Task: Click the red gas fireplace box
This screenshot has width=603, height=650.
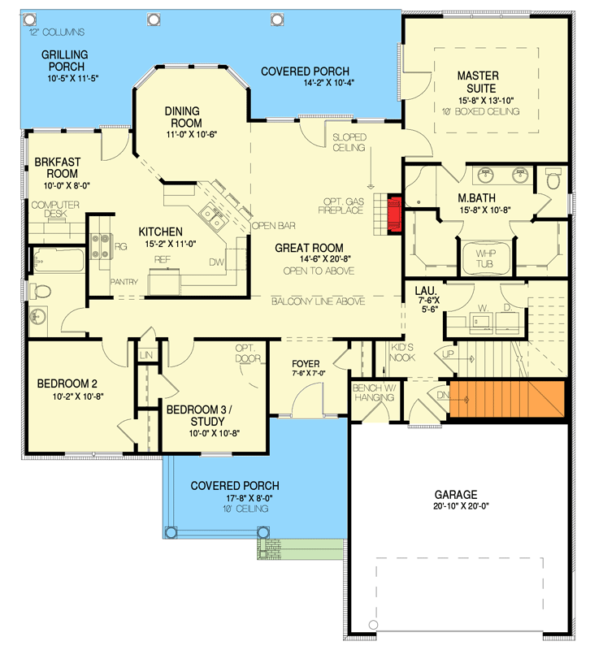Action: point(394,213)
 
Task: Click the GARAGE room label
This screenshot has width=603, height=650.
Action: point(455,493)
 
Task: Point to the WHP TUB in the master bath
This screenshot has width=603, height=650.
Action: point(484,258)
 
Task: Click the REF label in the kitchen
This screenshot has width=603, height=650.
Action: point(162,258)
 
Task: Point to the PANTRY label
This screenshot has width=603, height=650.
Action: point(124,282)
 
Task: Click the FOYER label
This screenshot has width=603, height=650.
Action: point(305,363)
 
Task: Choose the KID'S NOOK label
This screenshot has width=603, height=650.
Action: point(403,352)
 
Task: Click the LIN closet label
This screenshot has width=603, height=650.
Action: point(146,355)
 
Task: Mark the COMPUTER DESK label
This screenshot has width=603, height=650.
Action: point(55,210)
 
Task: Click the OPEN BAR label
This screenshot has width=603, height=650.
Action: point(273,225)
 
